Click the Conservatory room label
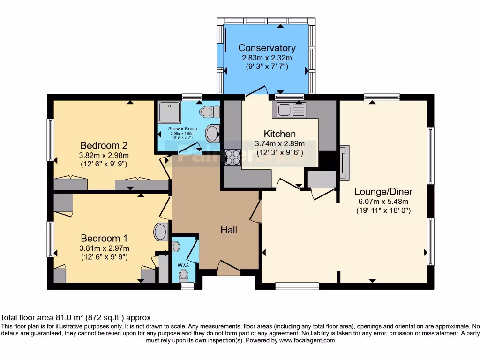coord(267,48)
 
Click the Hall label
coord(229,230)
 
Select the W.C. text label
coord(183,265)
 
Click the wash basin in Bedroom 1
coord(161,231)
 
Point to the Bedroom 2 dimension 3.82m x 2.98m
coord(104,155)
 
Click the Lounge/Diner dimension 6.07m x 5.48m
coord(383,202)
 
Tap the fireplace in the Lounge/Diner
coord(345,163)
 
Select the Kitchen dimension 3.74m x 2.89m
coord(279,143)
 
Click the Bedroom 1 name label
coord(104,238)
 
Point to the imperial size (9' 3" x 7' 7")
coord(267,67)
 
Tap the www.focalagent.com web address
coord(307,340)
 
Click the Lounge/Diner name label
coord(383,191)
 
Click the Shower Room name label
coord(183,128)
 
